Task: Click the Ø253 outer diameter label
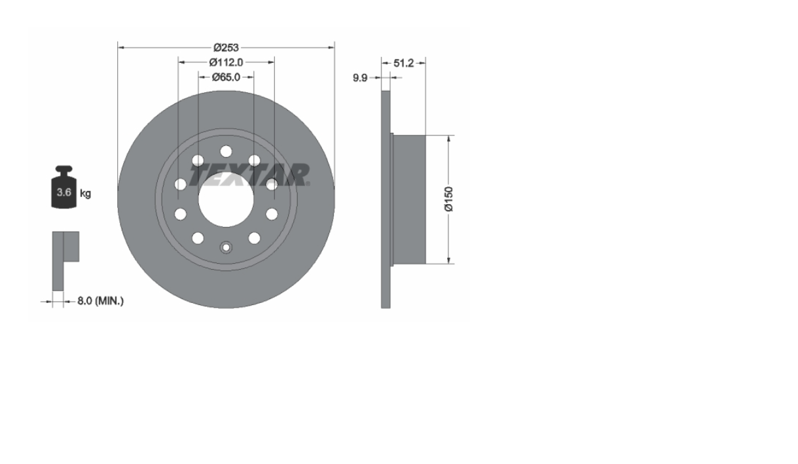(227, 47)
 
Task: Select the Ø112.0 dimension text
(227, 62)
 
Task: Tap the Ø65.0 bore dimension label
(227, 77)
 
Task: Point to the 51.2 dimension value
(403, 63)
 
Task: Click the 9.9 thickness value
(360, 78)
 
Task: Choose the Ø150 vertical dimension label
(449, 199)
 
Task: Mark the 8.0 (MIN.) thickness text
(100, 301)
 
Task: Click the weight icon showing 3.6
(63, 187)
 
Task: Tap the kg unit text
(86, 193)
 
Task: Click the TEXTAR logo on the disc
(249, 175)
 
